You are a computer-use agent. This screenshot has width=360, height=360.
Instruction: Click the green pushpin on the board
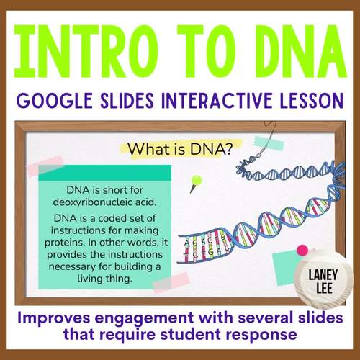click(195, 179)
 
